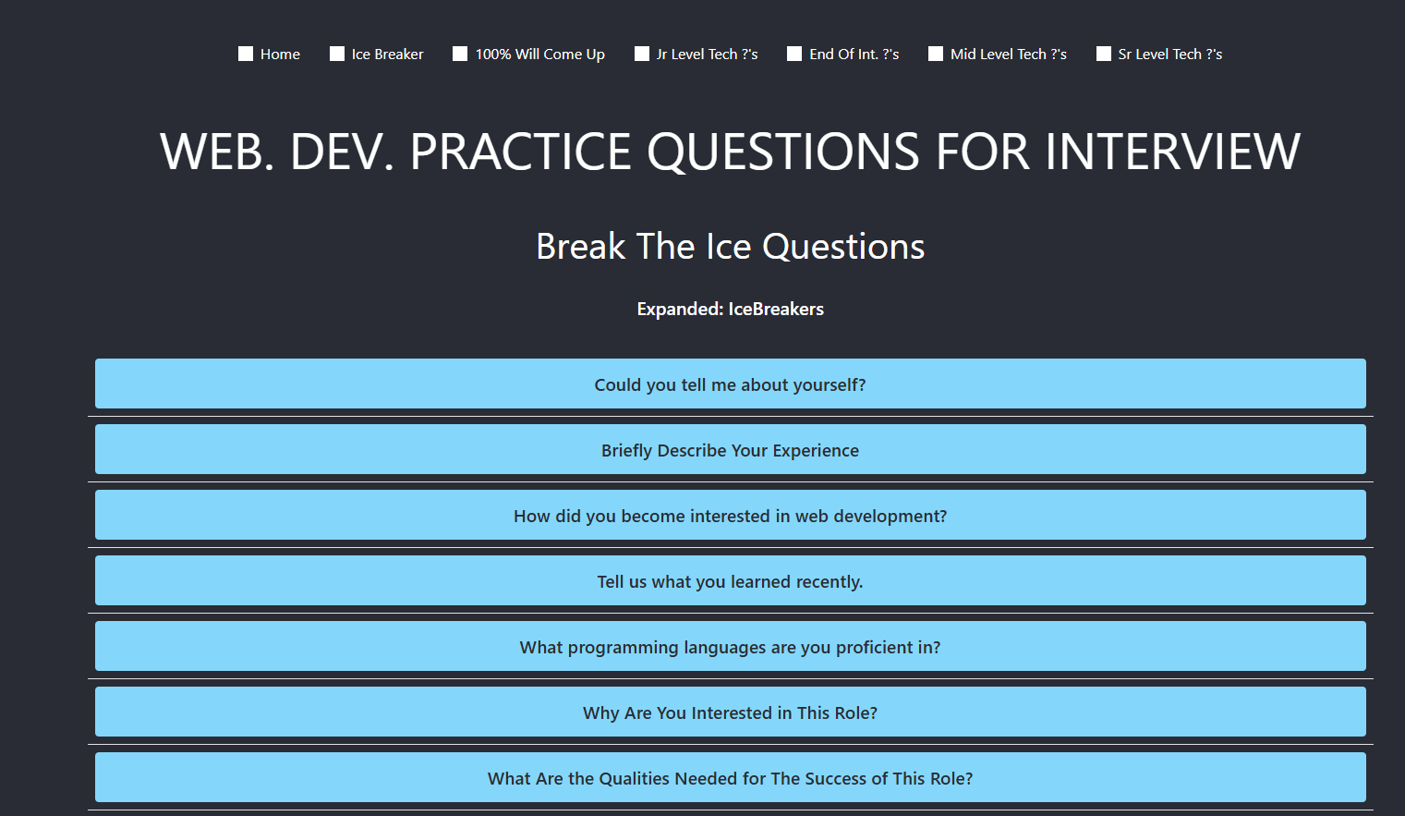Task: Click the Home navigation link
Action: click(280, 55)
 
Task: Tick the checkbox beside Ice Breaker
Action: click(337, 55)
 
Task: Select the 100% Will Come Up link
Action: click(539, 55)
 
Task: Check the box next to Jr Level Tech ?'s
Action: click(642, 55)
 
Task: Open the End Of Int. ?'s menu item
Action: click(854, 55)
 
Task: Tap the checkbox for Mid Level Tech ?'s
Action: click(936, 55)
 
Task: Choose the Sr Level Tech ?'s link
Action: click(1169, 55)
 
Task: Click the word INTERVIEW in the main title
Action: click(1172, 152)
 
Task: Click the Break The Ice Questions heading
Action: click(730, 247)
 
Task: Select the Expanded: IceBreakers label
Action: click(730, 310)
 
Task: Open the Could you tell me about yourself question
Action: click(730, 384)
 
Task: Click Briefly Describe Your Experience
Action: click(730, 450)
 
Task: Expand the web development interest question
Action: click(730, 516)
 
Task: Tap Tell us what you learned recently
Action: click(730, 581)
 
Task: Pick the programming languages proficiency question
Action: click(730, 647)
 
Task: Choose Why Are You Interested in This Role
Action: click(730, 712)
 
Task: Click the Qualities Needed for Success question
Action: click(730, 778)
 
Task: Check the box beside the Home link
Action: click(246, 55)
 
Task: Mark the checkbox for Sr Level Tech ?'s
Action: click(1104, 55)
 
